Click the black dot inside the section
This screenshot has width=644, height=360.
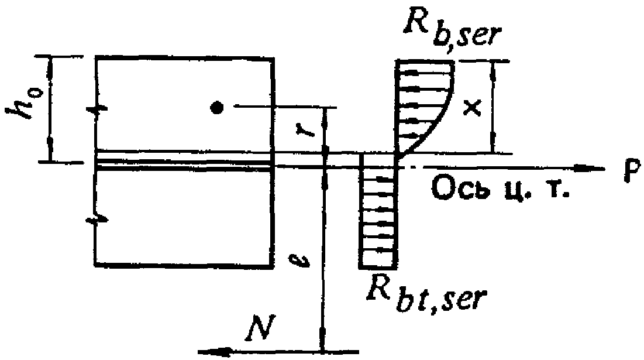(217, 108)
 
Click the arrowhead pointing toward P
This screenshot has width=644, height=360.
(594, 169)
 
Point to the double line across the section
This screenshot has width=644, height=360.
(184, 164)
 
